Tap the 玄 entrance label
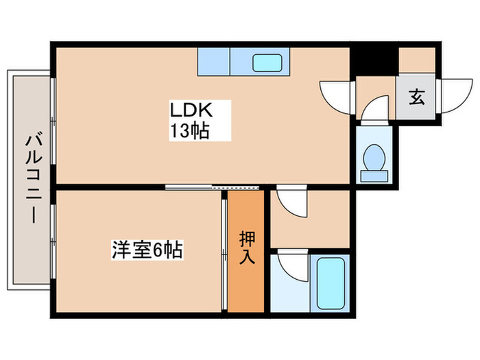[x=417, y=97]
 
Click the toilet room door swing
[x=374, y=110]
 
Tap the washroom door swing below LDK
[x=291, y=203]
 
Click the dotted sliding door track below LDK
[x=237, y=186]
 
